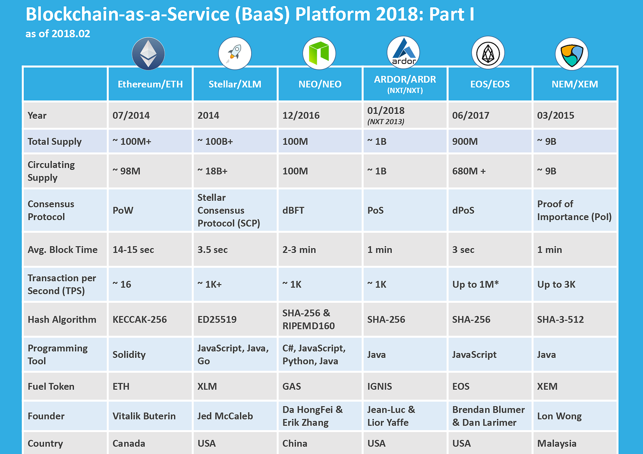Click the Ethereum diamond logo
[x=148, y=53]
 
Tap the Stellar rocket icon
[x=235, y=53]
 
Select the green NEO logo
[x=319, y=53]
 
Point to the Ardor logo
[x=403, y=52]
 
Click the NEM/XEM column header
[x=575, y=84]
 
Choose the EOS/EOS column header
[x=490, y=84]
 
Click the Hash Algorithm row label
[x=62, y=320]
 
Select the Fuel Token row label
[x=51, y=386]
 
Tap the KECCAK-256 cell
[x=139, y=320]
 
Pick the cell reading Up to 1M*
[x=475, y=284]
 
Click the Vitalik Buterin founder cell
[x=144, y=416]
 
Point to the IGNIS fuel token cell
[x=379, y=386]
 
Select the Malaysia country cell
[x=557, y=444]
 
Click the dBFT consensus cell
[x=293, y=210]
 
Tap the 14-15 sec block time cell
[x=133, y=250]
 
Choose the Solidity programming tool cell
[x=129, y=355]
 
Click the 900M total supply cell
[x=465, y=142]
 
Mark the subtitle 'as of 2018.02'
[x=58, y=34]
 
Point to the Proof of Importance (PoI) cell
[x=574, y=210]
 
